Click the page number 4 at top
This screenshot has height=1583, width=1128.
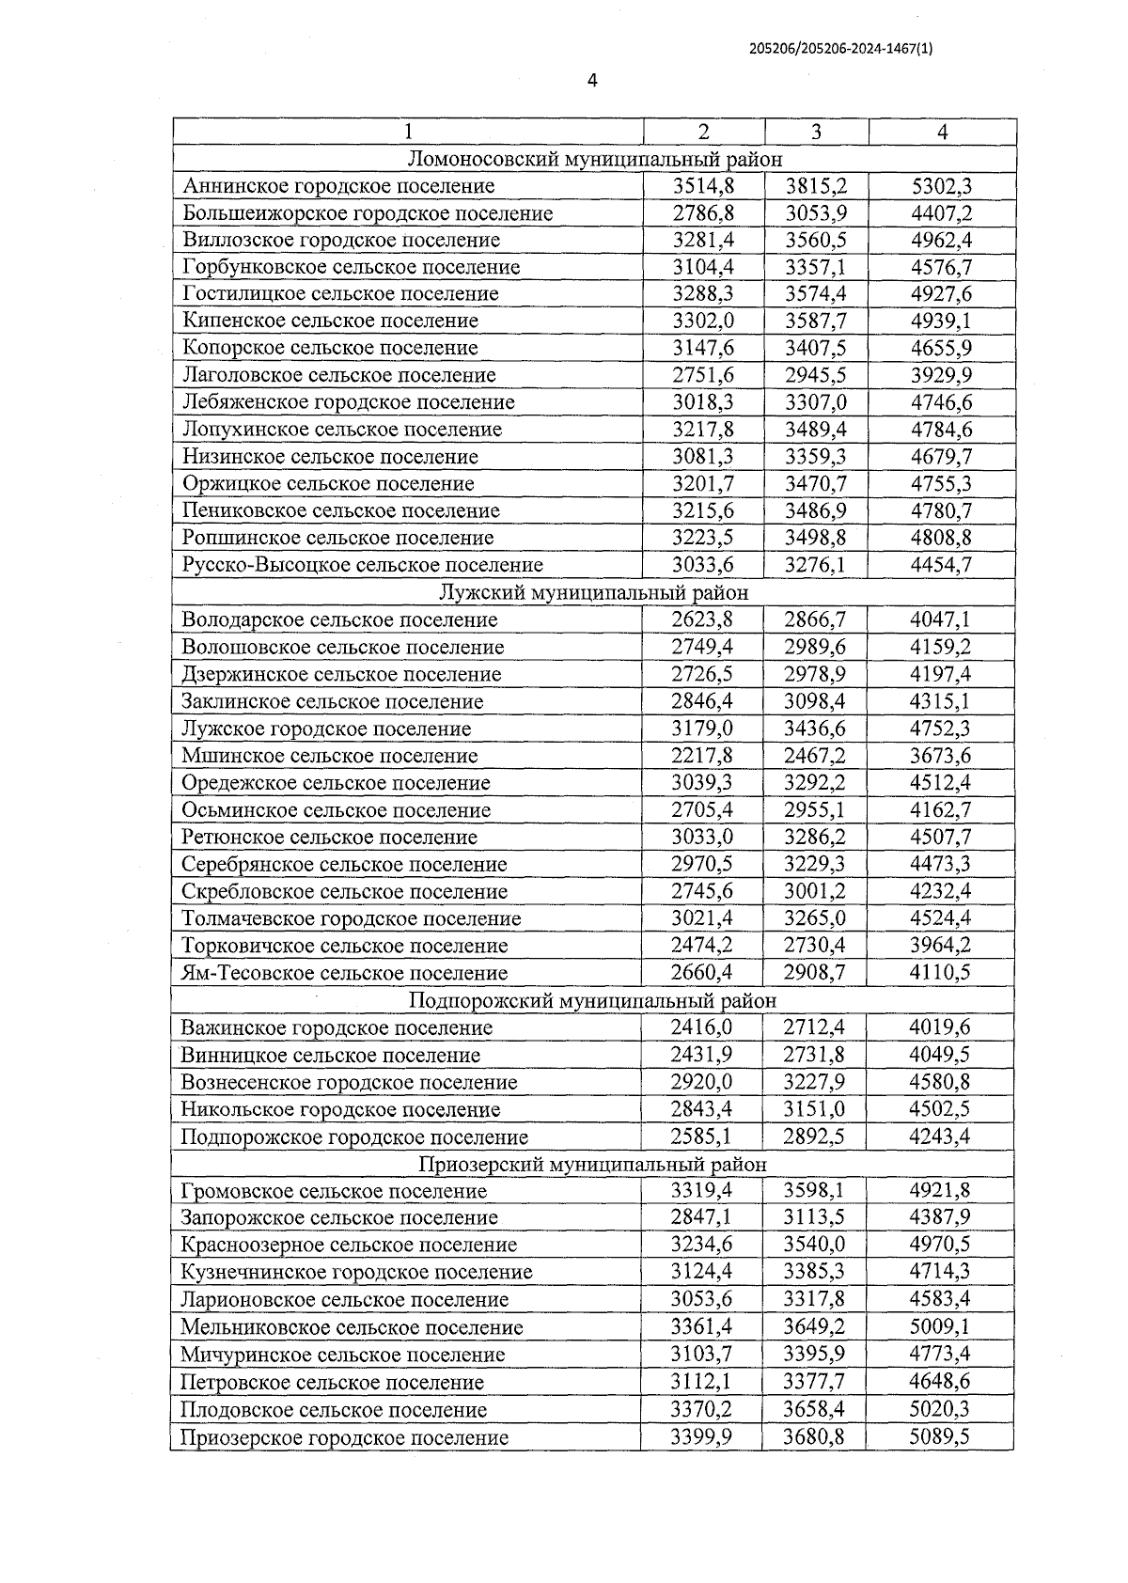pos(592,81)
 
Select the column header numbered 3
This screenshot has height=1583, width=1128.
pos(816,133)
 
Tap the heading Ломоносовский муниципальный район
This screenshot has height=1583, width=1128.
pos(595,159)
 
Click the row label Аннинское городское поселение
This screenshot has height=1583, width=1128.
pos(338,186)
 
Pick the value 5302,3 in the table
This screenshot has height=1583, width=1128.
pos(942,186)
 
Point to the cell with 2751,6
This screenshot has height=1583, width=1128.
pos(703,375)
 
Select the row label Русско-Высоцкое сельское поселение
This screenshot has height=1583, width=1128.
pos(363,565)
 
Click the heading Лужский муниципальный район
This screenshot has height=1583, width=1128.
pos(594,592)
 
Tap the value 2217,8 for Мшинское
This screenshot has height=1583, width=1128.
pos(703,756)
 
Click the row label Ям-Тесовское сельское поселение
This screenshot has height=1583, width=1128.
pos(344,973)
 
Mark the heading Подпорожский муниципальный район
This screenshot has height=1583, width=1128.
pos(593,1000)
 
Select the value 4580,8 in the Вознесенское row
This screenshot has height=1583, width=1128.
pos(940,1082)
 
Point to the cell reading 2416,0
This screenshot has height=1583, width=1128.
pos(701,1027)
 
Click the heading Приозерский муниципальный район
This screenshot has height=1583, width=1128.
pos(592,1164)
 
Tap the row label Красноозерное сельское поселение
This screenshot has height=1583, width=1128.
pos(349,1246)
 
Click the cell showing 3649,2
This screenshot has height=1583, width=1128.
pos(814,1327)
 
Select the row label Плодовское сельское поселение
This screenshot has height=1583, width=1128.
pos(334,1410)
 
